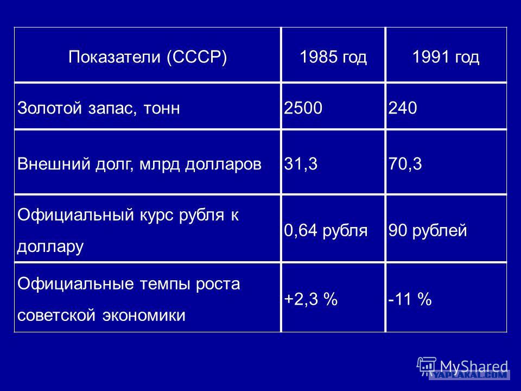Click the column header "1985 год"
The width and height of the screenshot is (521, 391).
(x=333, y=57)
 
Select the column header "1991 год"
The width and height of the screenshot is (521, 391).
(x=446, y=57)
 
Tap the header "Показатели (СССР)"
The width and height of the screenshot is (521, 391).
(x=148, y=57)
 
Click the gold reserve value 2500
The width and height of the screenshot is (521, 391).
(x=303, y=108)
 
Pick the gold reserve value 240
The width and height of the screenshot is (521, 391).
(x=403, y=108)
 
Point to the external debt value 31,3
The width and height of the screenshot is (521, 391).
(x=301, y=164)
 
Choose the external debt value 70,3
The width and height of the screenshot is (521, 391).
(x=405, y=164)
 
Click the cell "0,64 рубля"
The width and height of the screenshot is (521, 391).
(x=326, y=230)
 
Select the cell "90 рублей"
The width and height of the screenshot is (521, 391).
(x=428, y=230)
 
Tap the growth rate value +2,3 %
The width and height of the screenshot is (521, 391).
(x=310, y=299)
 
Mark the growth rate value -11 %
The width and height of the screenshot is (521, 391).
(x=410, y=299)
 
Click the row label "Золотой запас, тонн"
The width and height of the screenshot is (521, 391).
(x=99, y=108)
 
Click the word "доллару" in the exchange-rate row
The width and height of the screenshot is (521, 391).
(x=50, y=247)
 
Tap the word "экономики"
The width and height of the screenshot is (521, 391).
(x=143, y=315)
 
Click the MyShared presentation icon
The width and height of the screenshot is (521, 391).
(x=427, y=367)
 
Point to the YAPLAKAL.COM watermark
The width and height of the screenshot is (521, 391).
(x=469, y=375)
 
